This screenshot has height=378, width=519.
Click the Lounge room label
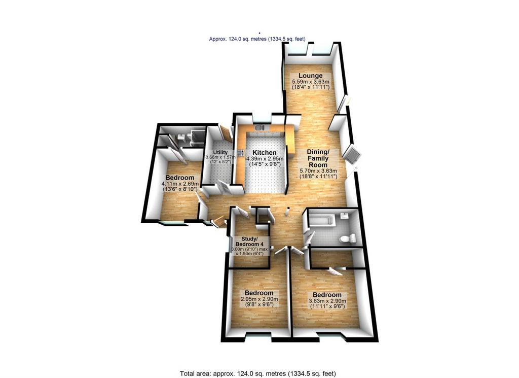pos(310,76)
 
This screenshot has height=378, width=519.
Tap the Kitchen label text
pos(264,153)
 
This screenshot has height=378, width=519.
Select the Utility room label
pos(220,152)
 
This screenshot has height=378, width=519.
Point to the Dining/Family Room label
pos(318,158)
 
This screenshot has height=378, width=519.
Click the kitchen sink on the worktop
pos(258,127)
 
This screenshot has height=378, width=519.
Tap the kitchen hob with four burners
pos(241,153)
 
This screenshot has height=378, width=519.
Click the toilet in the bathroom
pos(348,238)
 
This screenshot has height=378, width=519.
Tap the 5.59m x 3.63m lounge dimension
pos(310,82)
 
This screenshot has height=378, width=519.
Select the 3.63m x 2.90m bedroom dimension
pos(327,301)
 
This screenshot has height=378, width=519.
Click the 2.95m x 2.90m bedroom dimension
pos(259,299)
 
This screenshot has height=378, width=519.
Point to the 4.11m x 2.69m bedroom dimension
pos(180,184)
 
